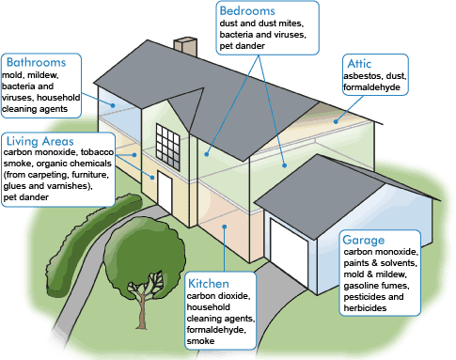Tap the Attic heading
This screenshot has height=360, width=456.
point(359,63)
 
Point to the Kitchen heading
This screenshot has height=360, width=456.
point(209,283)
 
